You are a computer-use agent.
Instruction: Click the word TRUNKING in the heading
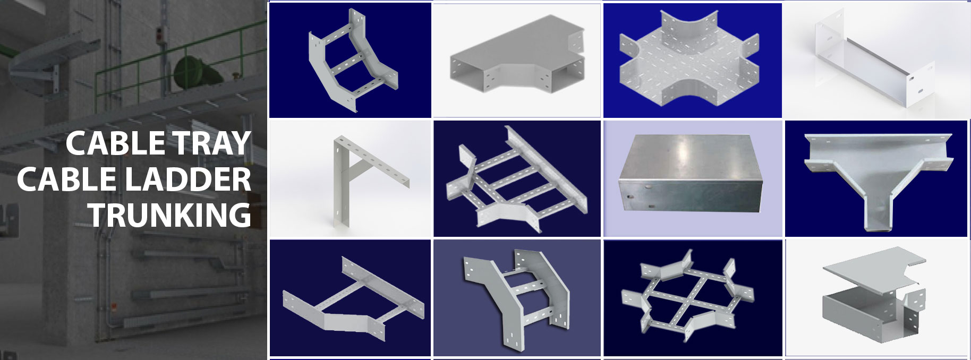169,215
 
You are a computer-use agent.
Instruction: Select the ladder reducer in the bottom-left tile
353,303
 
